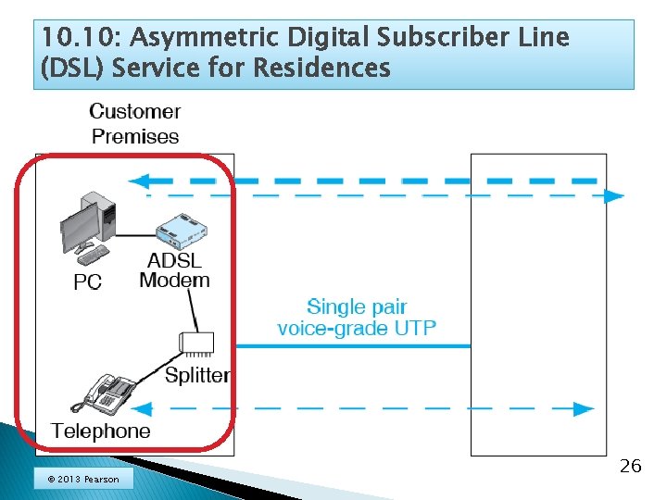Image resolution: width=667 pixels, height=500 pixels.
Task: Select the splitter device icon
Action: click(x=198, y=344)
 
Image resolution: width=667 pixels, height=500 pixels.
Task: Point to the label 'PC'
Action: click(x=87, y=281)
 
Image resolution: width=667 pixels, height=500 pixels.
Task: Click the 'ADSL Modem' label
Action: click(x=174, y=270)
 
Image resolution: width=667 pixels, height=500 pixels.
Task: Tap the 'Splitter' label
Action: click(x=197, y=375)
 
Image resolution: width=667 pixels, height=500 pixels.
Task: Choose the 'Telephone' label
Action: click(x=100, y=431)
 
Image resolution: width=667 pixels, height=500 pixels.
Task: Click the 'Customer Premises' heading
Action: click(x=135, y=124)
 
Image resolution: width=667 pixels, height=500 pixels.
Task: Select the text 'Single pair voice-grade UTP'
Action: click(x=357, y=317)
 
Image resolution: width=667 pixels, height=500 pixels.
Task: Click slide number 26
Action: click(x=630, y=466)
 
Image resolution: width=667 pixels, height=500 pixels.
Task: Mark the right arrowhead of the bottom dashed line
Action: click(x=584, y=408)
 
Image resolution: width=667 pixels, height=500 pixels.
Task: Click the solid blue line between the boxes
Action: click(x=352, y=345)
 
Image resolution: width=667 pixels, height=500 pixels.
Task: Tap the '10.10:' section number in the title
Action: click(x=79, y=39)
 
